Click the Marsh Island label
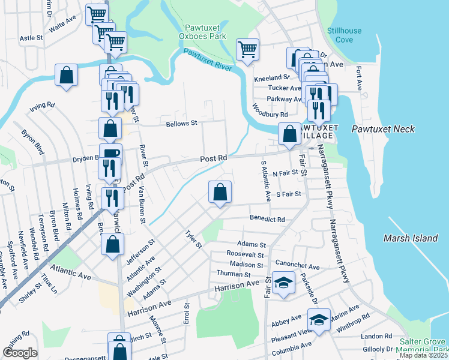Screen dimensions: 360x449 411,238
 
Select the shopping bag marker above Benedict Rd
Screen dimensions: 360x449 220,193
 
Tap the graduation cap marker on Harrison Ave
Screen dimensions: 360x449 282,282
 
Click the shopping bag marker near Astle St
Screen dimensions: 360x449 67,76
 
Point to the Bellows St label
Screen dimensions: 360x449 181,124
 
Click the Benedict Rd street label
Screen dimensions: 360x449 267,220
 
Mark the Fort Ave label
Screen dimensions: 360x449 359,78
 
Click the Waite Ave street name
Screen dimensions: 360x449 63,28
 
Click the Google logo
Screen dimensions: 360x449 20,353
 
